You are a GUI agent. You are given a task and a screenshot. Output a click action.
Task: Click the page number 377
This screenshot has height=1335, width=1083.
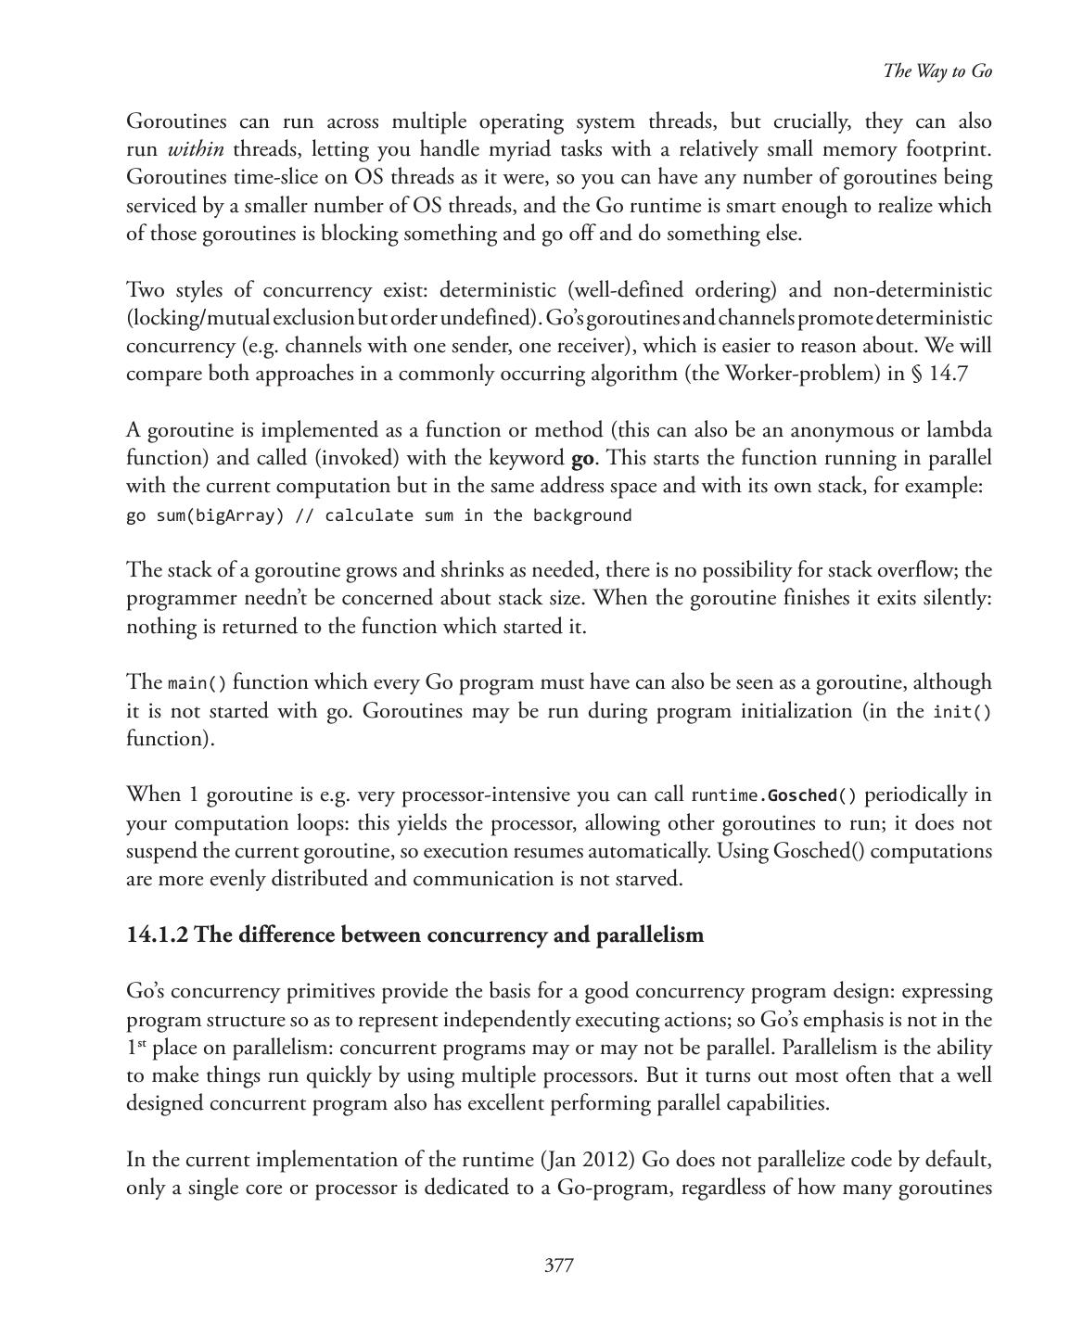(558, 1265)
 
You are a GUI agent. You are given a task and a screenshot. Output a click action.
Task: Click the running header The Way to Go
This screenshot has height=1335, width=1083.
(937, 71)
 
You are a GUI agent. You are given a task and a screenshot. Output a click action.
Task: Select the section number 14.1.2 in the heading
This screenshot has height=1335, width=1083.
(158, 934)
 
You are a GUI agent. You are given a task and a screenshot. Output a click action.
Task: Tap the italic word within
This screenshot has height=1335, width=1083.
(196, 149)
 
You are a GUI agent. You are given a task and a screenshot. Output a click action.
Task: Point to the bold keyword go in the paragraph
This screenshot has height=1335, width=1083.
(582, 458)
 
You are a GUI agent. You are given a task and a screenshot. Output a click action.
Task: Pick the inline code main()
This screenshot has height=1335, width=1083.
(197, 684)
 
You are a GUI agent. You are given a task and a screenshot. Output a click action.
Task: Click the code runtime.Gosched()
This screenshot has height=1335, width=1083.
(774, 795)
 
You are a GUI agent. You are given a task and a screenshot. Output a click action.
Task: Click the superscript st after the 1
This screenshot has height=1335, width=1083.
(141, 1044)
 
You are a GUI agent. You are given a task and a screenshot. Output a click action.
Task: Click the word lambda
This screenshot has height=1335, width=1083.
(960, 430)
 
